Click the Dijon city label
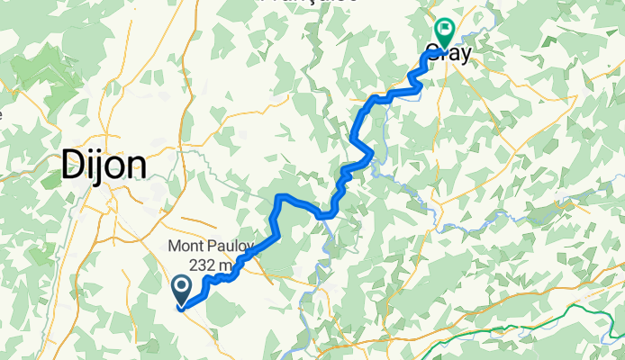click(x=104, y=165)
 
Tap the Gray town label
click(x=449, y=53)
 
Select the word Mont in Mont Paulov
click(x=186, y=247)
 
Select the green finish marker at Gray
click(x=444, y=32)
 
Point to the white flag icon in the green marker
click(x=444, y=29)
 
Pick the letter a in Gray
click(x=456, y=53)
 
